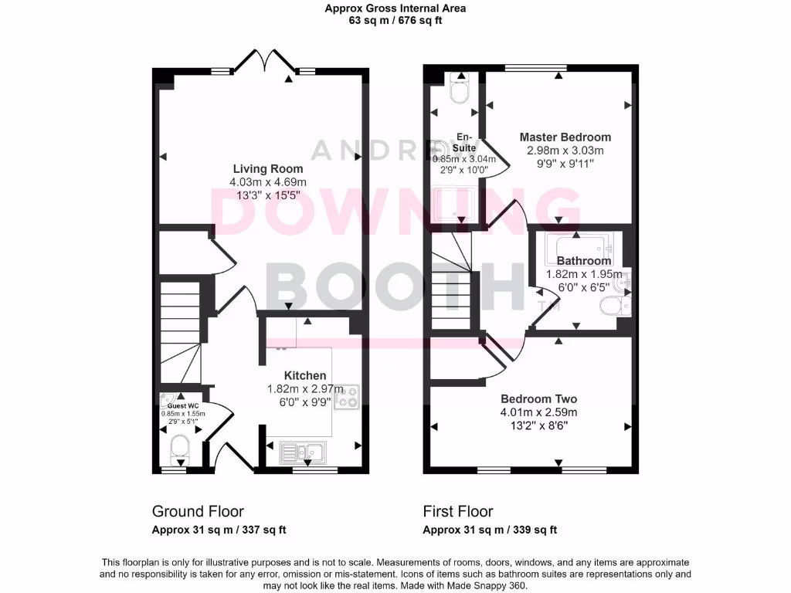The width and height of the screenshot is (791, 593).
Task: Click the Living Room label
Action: point(268,168)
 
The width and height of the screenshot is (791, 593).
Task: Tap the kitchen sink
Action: point(304,451)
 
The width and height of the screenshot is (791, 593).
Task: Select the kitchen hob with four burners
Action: point(345,396)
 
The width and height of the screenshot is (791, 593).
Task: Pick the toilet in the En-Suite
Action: point(459,90)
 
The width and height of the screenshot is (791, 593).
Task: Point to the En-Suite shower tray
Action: point(453,205)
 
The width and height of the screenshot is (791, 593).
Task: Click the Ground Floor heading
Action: point(198,511)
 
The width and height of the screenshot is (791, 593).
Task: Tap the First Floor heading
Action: point(457,511)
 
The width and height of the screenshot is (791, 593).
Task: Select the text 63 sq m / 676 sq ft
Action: point(395,21)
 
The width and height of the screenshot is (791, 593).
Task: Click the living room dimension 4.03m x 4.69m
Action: point(268,181)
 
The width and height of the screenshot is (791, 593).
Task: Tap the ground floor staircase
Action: point(180,324)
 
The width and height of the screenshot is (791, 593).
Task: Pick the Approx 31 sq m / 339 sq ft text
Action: point(490,530)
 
